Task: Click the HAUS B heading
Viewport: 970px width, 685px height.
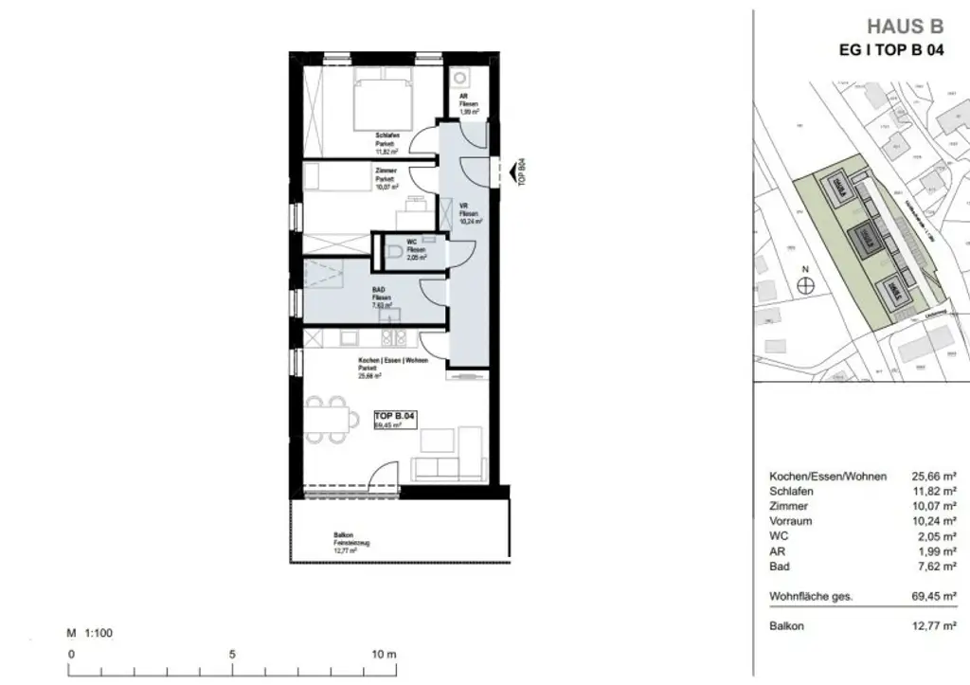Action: click(x=906, y=26)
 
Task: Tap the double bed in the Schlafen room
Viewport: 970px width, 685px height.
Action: click(x=384, y=101)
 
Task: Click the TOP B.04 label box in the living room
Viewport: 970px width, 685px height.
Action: click(x=396, y=416)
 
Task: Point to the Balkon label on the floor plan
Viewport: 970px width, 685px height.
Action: click(x=343, y=535)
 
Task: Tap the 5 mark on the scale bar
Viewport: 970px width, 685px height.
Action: click(x=232, y=654)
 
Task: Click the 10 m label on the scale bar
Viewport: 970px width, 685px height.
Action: click(x=385, y=654)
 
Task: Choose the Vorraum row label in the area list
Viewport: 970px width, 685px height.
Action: click(x=791, y=521)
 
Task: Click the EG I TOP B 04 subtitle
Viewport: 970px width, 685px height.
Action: click(x=891, y=51)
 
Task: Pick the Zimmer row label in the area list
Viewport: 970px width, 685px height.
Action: click(x=787, y=506)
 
